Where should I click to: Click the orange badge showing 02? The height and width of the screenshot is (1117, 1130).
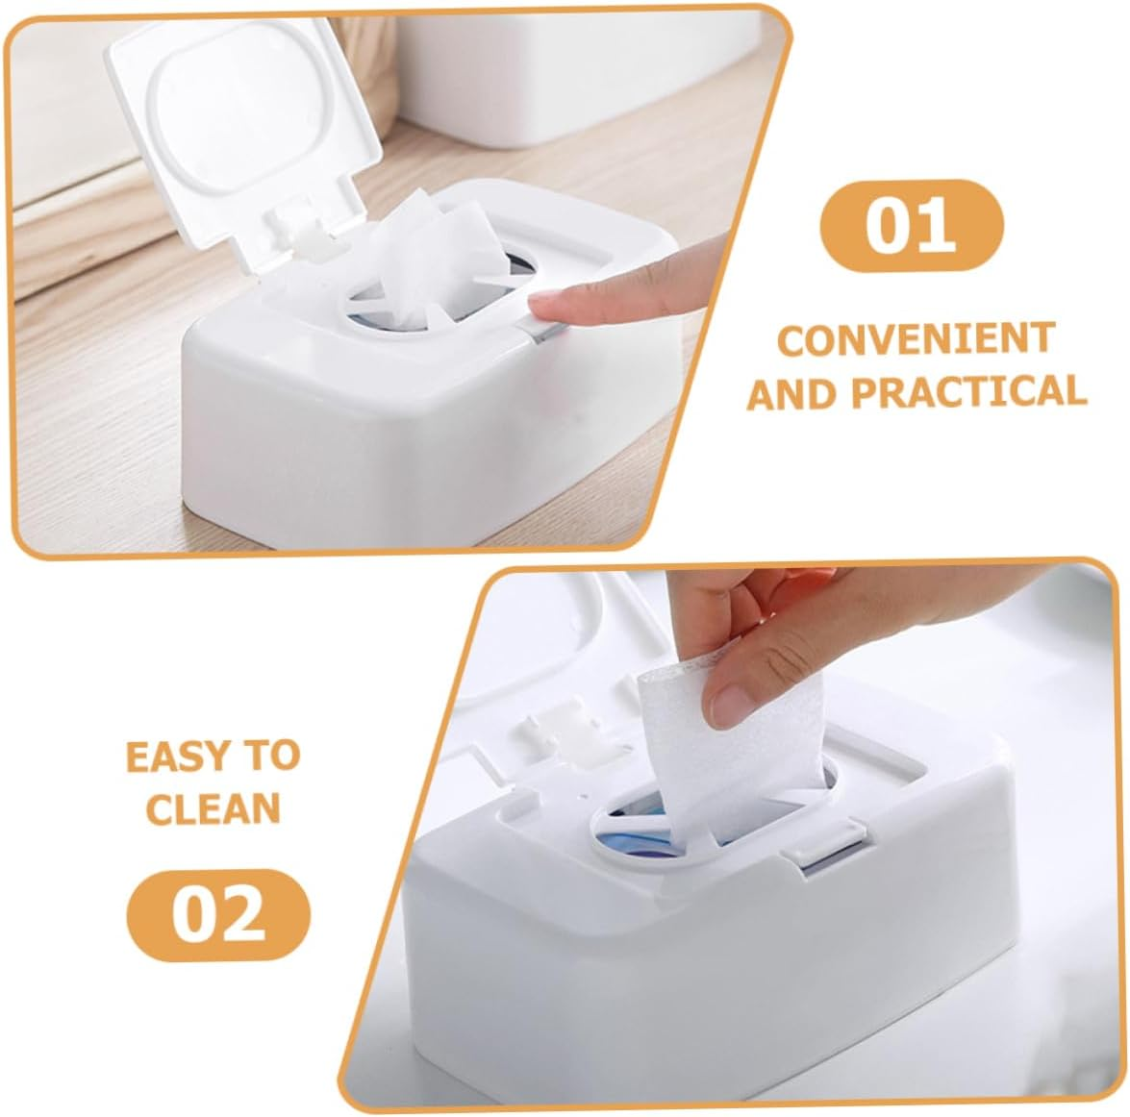(x=219, y=914)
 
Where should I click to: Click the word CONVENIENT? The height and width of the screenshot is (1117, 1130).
(x=916, y=340)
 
